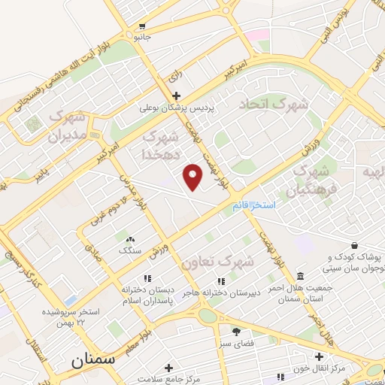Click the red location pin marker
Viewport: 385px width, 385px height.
tap(193, 177)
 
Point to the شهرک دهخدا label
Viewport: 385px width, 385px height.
tap(160, 145)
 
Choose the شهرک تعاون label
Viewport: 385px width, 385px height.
tap(218, 260)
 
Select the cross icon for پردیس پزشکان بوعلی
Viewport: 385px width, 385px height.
tap(176, 95)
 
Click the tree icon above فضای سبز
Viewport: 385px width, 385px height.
tap(236, 331)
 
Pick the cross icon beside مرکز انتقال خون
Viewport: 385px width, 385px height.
tap(320, 356)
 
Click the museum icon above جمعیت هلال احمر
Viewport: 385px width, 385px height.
tap(301, 275)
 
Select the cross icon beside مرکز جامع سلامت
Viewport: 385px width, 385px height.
tap(168, 368)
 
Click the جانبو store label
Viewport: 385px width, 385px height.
tap(142, 36)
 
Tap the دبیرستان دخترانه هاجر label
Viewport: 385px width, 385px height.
tap(226, 293)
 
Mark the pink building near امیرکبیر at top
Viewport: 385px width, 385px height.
tap(257, 35)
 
